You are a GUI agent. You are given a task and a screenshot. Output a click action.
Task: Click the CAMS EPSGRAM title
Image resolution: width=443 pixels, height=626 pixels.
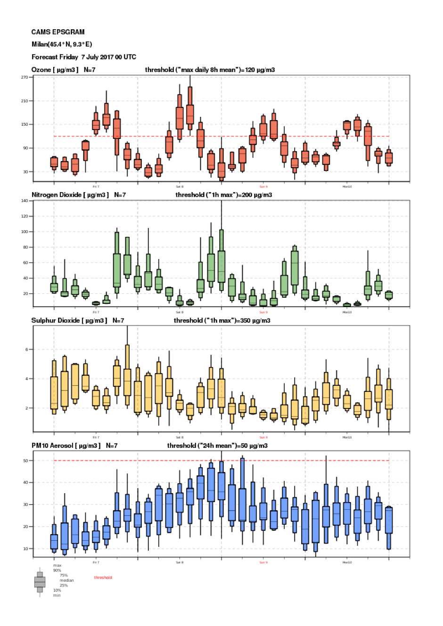[x=58, y=32]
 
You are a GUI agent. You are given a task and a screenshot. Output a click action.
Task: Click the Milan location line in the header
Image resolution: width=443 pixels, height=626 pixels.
[x=62, y=44]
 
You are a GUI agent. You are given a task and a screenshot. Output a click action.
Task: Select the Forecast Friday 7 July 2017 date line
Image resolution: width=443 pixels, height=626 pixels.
[x=84, y=57]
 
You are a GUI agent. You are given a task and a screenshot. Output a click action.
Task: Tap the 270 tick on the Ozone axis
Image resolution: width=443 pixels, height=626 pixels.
[x=25, y=77]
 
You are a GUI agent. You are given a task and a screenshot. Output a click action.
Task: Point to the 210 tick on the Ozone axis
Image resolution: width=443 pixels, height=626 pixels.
[x=25, y=101]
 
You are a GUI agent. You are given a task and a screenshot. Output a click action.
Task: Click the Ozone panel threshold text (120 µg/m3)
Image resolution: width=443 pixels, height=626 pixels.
[x=210, y=70]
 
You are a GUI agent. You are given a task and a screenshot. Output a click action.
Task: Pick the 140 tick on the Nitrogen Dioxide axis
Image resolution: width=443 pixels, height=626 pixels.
[x=25, y=201]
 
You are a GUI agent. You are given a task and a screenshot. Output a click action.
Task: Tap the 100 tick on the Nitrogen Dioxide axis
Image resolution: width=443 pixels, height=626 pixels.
[x=25, y=232]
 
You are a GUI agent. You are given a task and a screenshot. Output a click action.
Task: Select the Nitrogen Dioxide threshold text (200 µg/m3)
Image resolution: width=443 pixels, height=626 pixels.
[x=223, y=195]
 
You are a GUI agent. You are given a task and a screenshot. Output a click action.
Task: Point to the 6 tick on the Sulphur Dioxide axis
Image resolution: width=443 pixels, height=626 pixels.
[x=27, y=350]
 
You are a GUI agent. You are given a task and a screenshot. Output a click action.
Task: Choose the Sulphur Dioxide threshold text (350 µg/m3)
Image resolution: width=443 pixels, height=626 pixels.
[x=222, y=320]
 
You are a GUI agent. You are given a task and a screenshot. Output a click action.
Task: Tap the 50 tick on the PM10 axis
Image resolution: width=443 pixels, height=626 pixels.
[x=25, y=461]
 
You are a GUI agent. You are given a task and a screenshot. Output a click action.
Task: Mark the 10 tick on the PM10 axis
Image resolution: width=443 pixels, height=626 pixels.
[x=25, y=549]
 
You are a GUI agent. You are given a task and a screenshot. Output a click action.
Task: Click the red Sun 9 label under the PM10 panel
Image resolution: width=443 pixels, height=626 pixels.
[x=263, y=562]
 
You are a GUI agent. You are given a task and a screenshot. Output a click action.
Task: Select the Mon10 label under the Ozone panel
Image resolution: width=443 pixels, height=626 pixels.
[x=347, y=187]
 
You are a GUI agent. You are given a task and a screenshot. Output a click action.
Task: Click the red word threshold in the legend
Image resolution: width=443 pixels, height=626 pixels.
[x=103, y=577]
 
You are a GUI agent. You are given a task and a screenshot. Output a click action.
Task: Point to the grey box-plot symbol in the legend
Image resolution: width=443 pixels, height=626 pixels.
[x=40, y=582]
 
